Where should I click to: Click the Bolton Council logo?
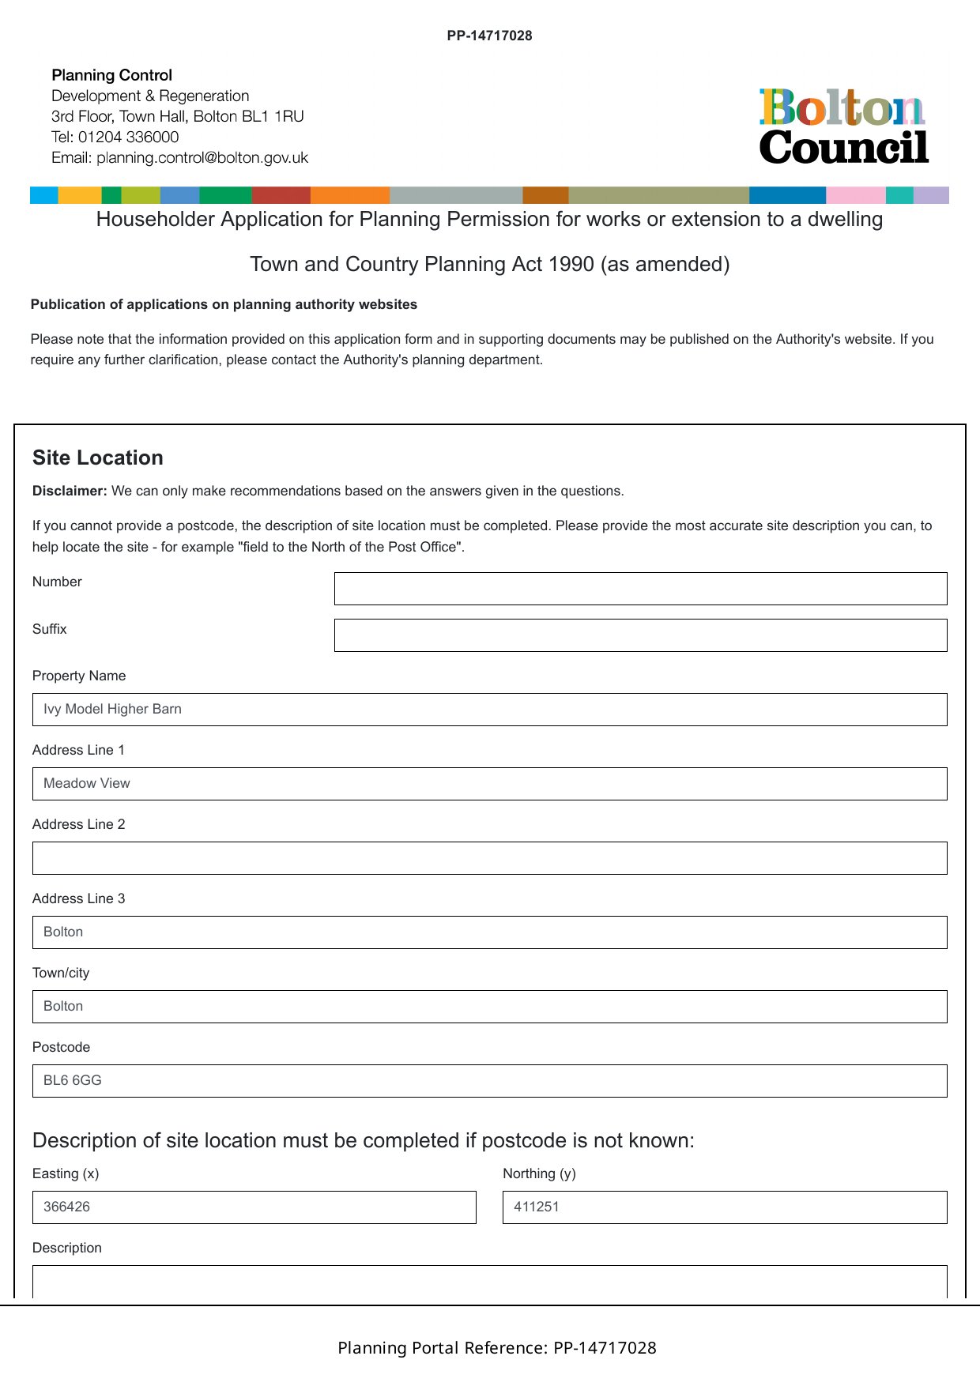tap(843, 126)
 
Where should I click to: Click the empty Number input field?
tap(640, 589)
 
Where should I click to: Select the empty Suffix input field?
tap(640, 635)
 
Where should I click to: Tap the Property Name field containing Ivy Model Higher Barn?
tap(489, 710)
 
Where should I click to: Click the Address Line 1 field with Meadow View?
tap(489, 784)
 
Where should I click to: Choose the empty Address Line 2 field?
tap(489, 858)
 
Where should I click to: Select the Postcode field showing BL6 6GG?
tap(489, 1081)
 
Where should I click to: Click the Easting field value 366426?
tap(254, 1207)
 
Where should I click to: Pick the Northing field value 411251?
tap(724, 1207)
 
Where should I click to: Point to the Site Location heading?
tap(98, 458)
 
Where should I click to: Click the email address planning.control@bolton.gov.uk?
tap(202, 158)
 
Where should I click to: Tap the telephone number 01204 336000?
tap(128, 137)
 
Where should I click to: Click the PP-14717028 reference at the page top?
tap(489, 36)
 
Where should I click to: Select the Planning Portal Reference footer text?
tap(496, 1348)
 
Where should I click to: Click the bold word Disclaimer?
tap(70, 492)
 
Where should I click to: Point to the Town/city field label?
tap(61, 974)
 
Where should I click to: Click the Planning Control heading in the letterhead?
tap(111, 76)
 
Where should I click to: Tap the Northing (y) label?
tap(539, 1174)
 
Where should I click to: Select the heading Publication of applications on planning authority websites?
tap(224, 305)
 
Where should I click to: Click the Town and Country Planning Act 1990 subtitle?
tap(489, 265)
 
